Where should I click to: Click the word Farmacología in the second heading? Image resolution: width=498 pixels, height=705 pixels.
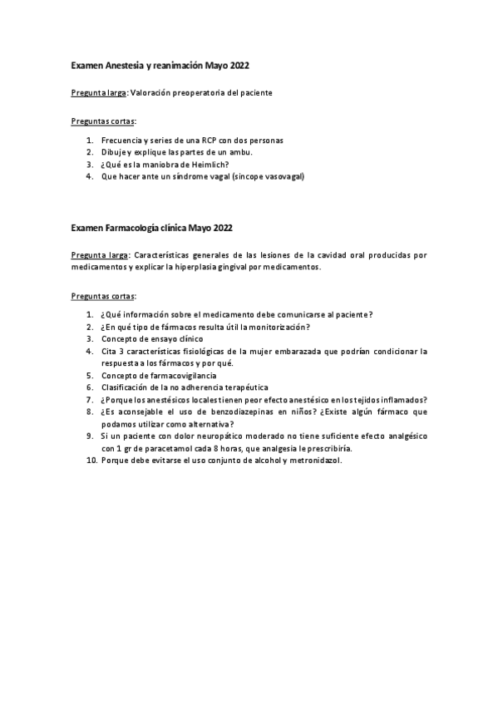(136, 227)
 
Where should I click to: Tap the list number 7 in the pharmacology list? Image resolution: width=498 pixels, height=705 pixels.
(90, 399)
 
